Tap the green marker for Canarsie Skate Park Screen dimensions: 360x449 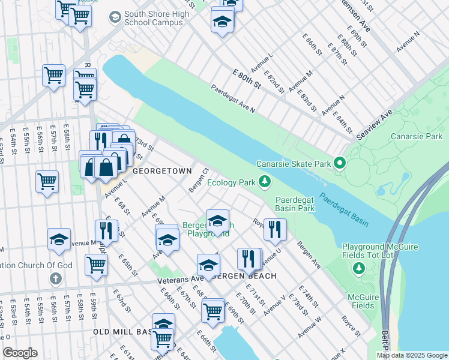tap(340, 163)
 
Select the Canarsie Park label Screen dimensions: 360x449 tap(416, 137)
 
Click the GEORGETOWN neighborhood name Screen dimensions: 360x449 tap(162, 171)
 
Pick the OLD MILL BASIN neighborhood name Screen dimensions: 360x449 tap(122, 331)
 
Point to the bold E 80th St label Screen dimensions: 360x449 tap(247, 78)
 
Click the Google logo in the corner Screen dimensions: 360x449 tap(20, 353)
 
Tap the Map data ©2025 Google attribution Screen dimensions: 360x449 tap(411, 355)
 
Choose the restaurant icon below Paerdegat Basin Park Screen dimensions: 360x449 tap(275, 229)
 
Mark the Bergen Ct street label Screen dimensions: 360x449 tap(198, 178)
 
